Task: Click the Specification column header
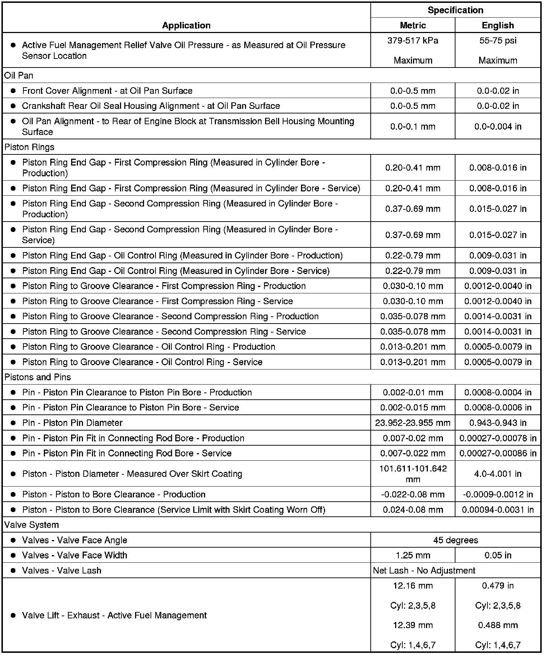point(455,10)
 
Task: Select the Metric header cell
point(413,25)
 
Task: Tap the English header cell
point(498,25)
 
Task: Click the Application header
point(186,25)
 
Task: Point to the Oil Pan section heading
point(19,75)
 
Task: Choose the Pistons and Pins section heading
point(37,377)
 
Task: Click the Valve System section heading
point(32,525)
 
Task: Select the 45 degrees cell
point(455,540)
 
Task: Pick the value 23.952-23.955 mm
point(413,423)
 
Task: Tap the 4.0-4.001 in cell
point(498,474)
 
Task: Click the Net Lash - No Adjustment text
point(424,570)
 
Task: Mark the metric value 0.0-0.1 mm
point(413,126)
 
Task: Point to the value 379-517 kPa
point(413,41)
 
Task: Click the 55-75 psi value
point(498,41)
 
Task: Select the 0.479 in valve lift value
point(498,586)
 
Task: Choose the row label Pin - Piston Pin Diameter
point(72,423)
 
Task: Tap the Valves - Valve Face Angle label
point(74,540)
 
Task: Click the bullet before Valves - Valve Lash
point(13,570)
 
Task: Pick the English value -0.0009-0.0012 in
point(498,494)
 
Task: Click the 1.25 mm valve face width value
point(413,555)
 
